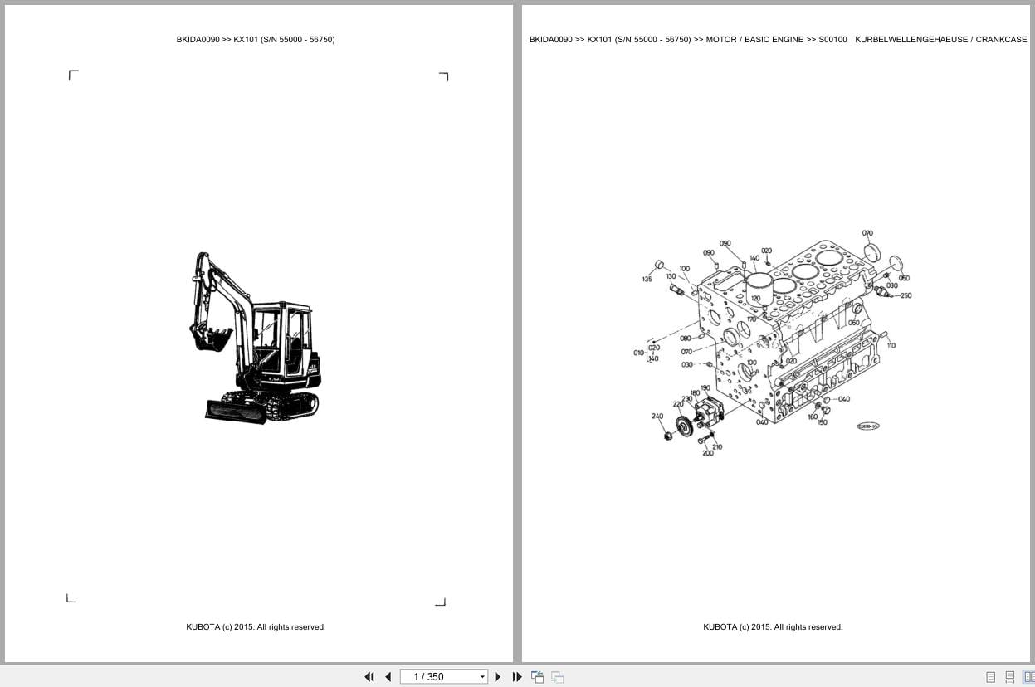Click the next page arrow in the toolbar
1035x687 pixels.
tap(498, 677)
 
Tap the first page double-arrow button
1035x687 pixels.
tap(369, 677)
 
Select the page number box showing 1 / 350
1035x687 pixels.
tap(440, 677)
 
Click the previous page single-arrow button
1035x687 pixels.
tap(388, 677)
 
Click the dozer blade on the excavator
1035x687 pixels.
tap(237, 411)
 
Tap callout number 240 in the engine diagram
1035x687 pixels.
tap(657, 417)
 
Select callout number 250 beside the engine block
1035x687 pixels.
tap(906, 295)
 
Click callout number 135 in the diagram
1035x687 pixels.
tap(647, 280)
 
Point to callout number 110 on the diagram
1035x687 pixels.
tap(891, 345)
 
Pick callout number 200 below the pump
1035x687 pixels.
tap(707, 454)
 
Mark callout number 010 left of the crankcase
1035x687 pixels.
tap(638, 353)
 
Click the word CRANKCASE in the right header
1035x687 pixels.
tap(1001, 39)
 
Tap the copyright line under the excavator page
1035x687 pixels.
tap(256, 627)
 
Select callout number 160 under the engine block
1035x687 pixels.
tap(813, 417)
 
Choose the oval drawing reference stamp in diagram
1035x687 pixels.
tap(867, 426)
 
